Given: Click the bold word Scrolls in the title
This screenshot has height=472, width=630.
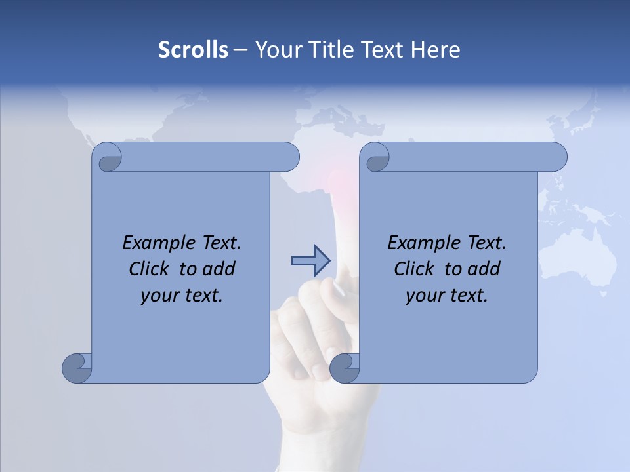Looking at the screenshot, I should click(193, 50).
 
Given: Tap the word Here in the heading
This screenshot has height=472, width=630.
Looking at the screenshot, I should click(435, 50).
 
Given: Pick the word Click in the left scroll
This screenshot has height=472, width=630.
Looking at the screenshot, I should click(143, 269).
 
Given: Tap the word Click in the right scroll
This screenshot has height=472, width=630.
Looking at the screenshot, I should click(408, 269).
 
